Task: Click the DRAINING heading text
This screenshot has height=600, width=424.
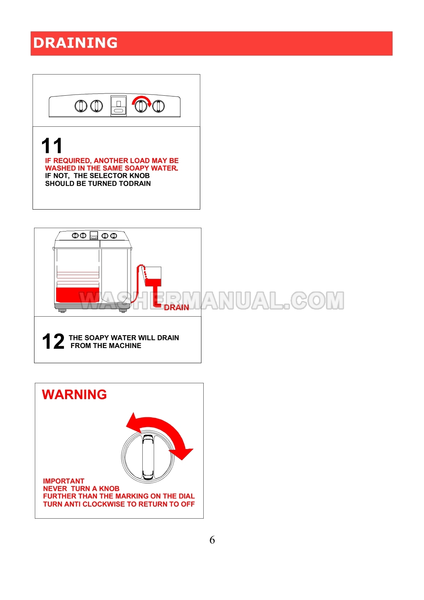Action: pyautogui.click(x=75, y=43)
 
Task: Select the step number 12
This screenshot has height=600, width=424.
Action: pyautogui.click(x=53, y=341)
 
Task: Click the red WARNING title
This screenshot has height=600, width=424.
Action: pyautogui.click(x=74, y=395)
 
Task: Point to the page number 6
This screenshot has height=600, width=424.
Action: pyautogui.click(x=212, y=540)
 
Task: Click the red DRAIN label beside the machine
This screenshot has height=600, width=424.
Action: pyautogui.click(x=176, y=308)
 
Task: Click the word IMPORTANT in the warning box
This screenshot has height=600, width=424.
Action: pyautogui.click(x=64, y=481)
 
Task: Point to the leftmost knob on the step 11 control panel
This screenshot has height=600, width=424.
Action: pyautogui.click(x=81, y=106)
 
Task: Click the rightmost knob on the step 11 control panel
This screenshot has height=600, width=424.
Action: pyautogui.click(x=158, y=106)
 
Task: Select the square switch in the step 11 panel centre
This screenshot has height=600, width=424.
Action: pyautogui.click(x=118, y=106)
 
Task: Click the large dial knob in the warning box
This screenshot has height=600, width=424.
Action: pyautogui.click(x=148, y=457)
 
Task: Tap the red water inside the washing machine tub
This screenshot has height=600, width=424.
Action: pyautogui.click(x=78, y=295)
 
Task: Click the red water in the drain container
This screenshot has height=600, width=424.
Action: pyautogui.click(x=153, y=282)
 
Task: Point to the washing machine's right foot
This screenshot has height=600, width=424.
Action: pyautogui.click(x=123, y=311)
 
